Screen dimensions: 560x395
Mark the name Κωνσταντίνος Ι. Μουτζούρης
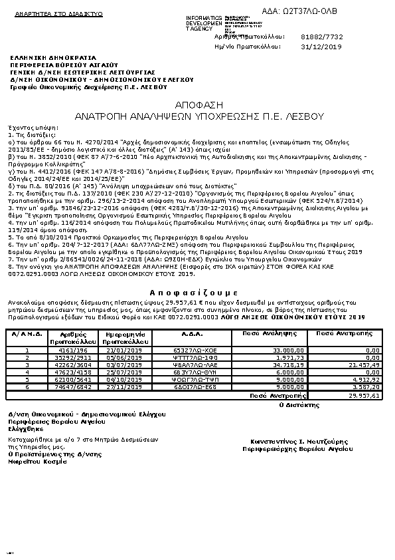coord(291,442)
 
